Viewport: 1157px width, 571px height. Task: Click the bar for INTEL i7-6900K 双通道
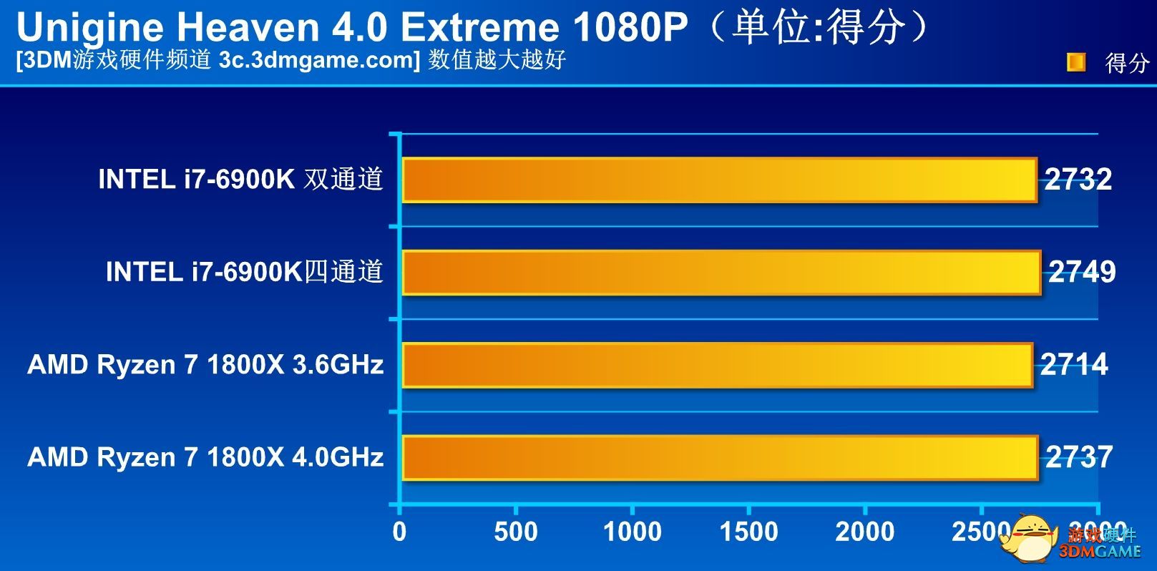[x=719, y=180]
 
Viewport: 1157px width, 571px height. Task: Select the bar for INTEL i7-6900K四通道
[x=721, y=273]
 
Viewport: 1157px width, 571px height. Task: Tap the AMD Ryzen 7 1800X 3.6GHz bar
[x=718, y=366]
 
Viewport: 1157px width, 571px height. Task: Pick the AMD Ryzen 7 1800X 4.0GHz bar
[x=720, y=458]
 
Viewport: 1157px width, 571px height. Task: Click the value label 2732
[x=1078, y=179]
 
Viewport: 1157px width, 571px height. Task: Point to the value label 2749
[x=1082, y=272]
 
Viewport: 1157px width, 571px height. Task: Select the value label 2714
[x=1074, y=365]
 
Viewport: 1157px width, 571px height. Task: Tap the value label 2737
[x=1079, y=457]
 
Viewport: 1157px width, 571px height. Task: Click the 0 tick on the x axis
[x=399, y=532]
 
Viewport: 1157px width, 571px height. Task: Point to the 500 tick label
[x=516, y=532]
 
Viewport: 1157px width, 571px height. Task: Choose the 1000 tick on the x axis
[x=633, y=532]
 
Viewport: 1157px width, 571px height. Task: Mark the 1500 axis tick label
[x=748, y=532]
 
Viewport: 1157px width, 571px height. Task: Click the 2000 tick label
[x=865, y=532]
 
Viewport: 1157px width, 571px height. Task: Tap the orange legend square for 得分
[x=1075, y=63]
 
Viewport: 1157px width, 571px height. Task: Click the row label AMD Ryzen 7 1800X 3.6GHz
[x=205, y=365]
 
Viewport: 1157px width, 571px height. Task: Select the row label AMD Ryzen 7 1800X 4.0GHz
[x=205, y=457]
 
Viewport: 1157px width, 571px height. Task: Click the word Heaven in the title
[x=248, y=28]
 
